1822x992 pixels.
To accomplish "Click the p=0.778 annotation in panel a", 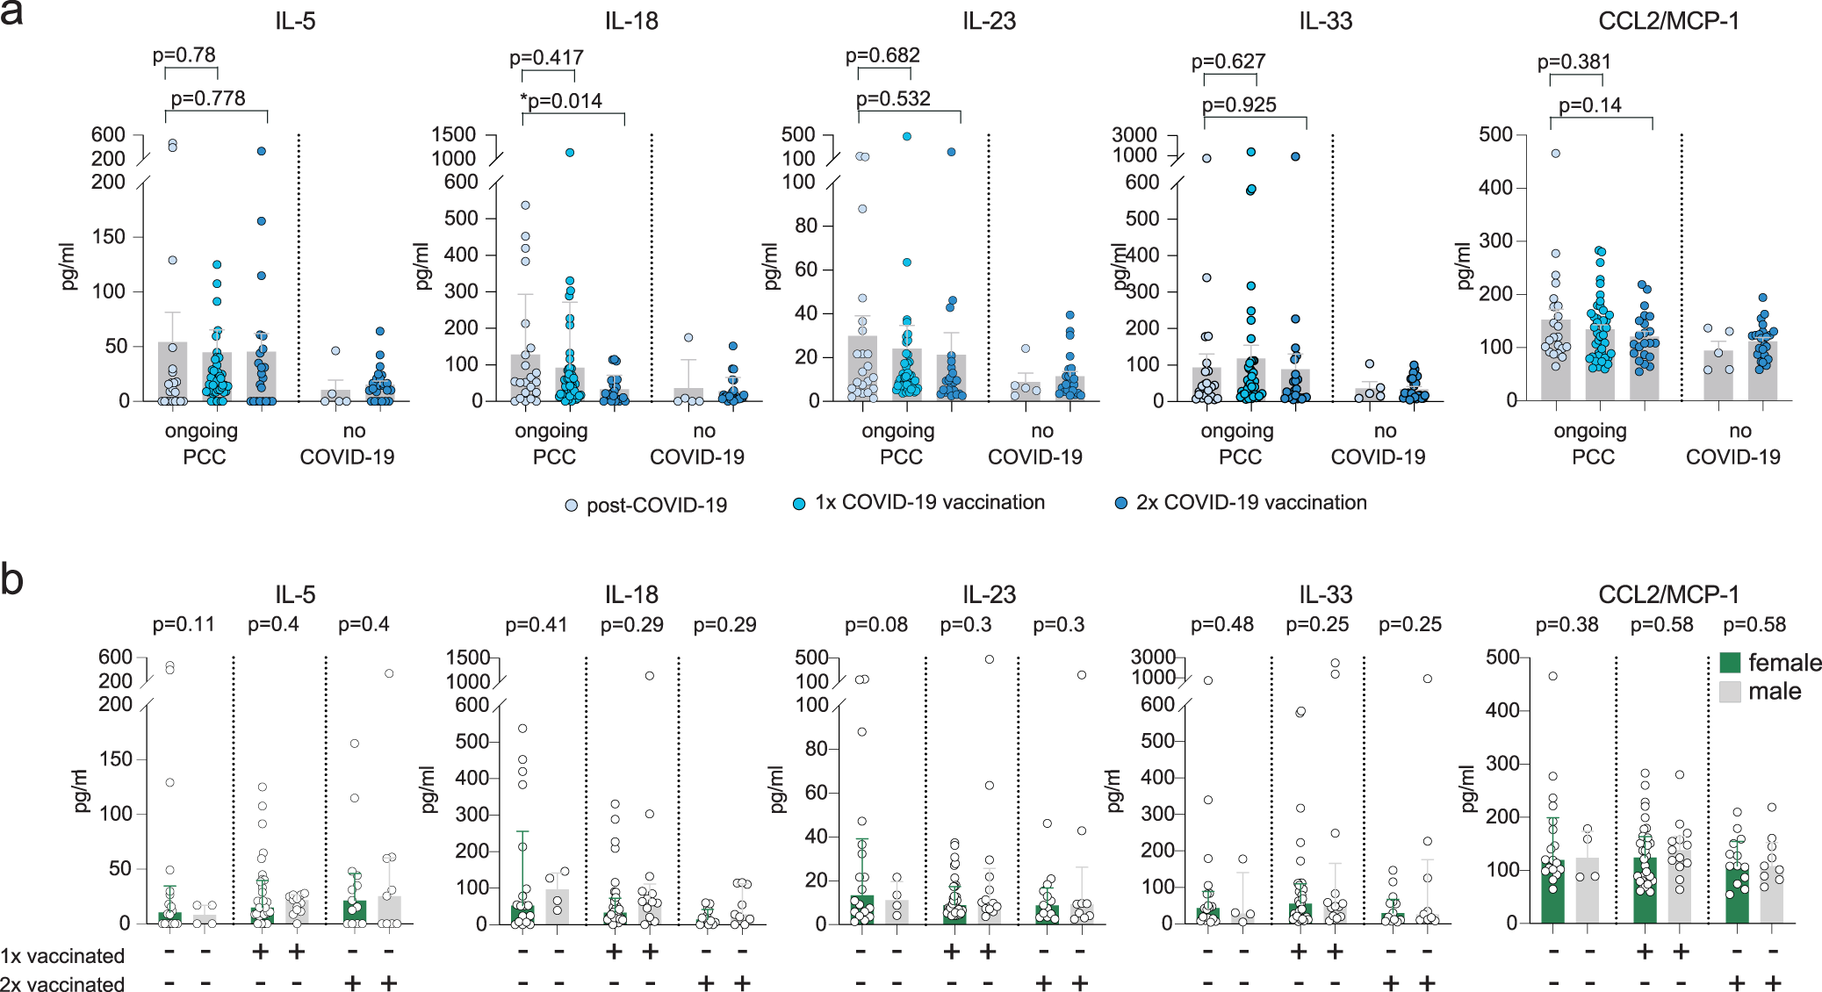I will coord(208,98).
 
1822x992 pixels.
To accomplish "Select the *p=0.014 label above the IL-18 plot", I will coord(561,101).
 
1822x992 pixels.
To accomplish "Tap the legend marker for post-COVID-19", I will coord(572,506).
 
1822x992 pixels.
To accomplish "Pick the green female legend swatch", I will coord(1730,663).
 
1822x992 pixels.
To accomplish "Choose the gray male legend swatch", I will coord(1730,691).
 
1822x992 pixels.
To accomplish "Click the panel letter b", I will coord(12,580).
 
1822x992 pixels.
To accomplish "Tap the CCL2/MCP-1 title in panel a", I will coord(1668,21).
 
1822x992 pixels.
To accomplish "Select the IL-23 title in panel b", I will coord(989,594).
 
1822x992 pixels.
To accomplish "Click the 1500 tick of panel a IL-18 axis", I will coord(453,134).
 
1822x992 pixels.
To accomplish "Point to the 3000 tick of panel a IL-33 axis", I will coord(1134,134).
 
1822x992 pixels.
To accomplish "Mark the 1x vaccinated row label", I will coord(62,956).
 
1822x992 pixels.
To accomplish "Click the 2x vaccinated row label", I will coord(62,984).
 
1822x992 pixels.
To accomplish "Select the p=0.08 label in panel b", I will coord(876,624).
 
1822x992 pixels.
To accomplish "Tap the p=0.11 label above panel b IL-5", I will coord(184,624).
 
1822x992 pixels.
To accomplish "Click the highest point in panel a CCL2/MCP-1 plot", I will coord(1555,154).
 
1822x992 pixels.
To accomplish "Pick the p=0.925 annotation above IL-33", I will coord(1239,104).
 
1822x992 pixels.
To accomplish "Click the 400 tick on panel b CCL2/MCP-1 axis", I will coord(1502,710).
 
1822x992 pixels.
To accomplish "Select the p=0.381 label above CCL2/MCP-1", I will coord(1574,61).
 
